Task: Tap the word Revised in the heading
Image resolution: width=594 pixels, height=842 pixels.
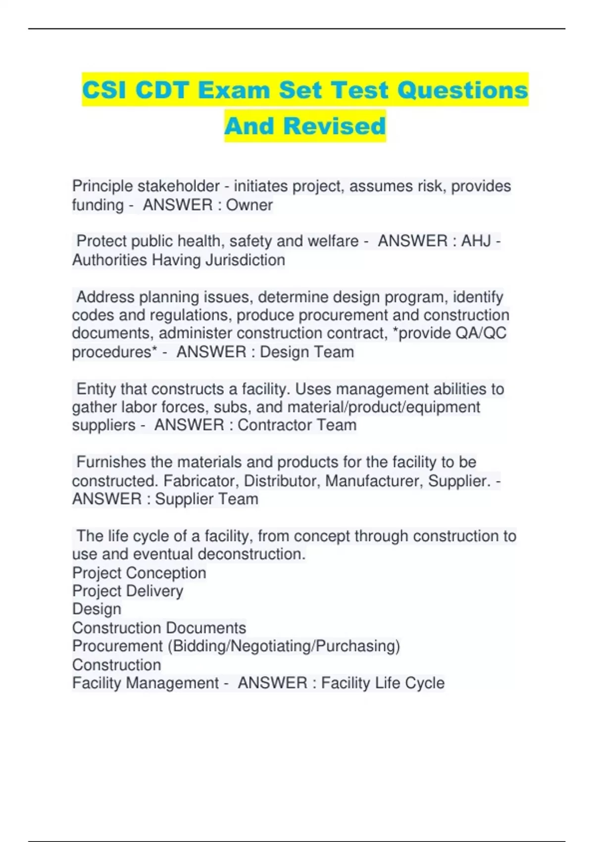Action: (334, 126)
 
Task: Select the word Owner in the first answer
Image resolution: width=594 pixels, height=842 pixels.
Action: (249, 205)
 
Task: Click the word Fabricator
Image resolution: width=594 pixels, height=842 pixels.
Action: (201, 481)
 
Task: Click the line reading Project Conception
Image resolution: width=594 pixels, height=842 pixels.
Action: (139, 573)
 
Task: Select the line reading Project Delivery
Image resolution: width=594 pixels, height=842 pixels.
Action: (128, 591)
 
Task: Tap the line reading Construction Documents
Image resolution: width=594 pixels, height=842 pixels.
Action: (159, 628)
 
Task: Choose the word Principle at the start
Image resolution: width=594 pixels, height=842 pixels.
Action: (102, 186)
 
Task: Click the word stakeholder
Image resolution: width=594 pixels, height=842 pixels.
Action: (178, 186)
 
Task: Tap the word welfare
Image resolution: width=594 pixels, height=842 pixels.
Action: (333, 241)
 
